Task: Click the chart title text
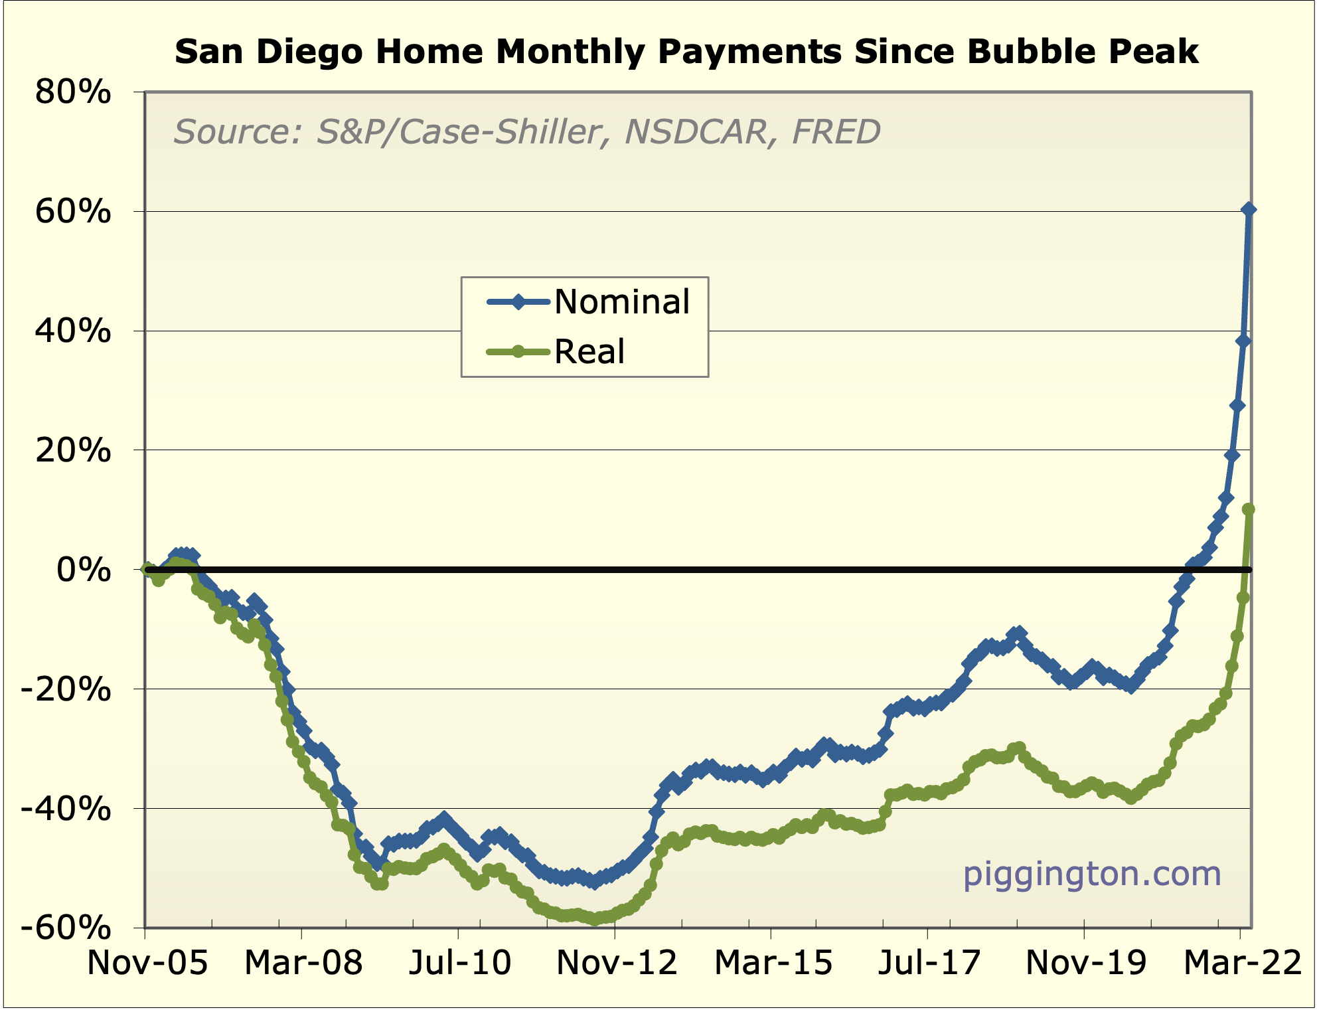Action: [686, 52]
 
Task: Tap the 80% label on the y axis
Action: [72, 92]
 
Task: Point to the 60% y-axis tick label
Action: [72, 212]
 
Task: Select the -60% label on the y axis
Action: [66, 928]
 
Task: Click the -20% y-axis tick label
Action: [66, 689]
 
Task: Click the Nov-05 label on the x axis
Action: [147, 963]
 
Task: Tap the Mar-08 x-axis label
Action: [303, 963]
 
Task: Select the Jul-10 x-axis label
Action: [459, 963]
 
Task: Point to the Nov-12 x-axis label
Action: [617, 963]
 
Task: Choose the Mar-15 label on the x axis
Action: [773, 963]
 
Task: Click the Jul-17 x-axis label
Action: [929, 963]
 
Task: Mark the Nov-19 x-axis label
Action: [1086, 963]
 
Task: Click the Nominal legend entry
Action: [621, 302]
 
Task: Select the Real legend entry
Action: [589, 352]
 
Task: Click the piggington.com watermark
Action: [1092, 874]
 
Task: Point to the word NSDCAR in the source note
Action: [696, 131]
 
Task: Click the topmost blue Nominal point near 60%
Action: [1248, 210]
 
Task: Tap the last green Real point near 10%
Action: [1248, 509]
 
